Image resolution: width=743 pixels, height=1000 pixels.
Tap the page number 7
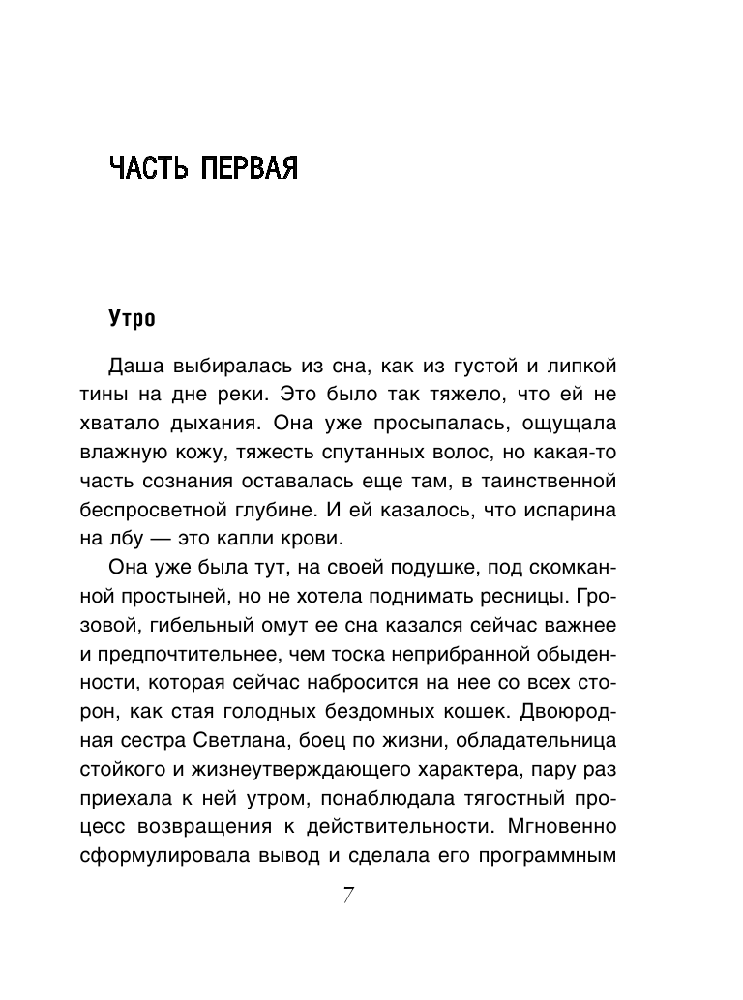[x=349, y=896]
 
